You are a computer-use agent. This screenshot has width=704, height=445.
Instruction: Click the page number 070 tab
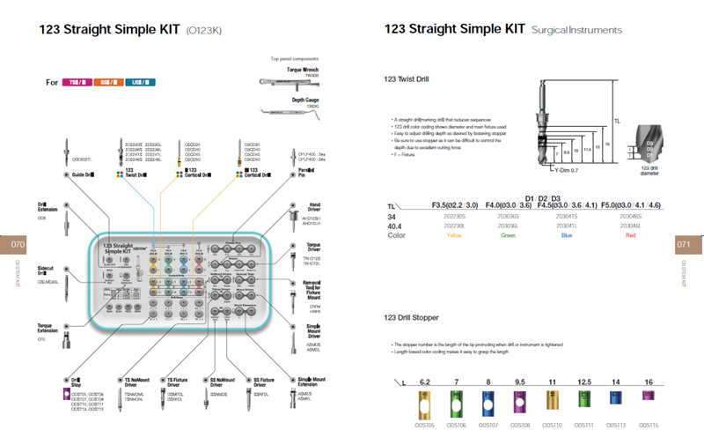[13, 244]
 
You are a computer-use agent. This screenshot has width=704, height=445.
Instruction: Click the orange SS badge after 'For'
[109, 83]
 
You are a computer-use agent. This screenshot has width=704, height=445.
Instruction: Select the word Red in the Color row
[630, 235]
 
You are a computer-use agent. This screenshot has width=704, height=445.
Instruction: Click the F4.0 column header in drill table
[513, 205]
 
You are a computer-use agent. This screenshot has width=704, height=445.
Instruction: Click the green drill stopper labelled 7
[456, 404]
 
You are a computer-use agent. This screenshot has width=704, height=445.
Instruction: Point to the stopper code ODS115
[648, 425]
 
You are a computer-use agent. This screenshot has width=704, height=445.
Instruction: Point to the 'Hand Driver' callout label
[311, 207]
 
